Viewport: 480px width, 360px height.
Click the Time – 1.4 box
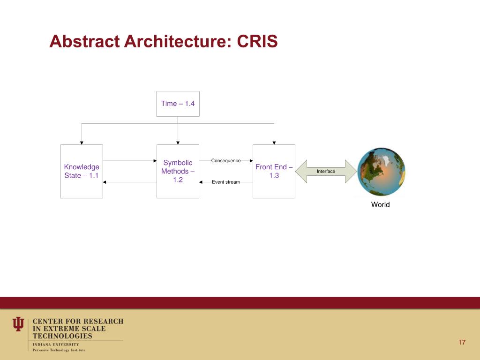(x=178, y=104)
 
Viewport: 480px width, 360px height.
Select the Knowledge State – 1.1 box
(x=82, y=171)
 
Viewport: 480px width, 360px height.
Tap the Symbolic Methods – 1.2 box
(x=178, y=171)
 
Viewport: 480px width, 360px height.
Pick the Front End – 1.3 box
(x=274, y=171)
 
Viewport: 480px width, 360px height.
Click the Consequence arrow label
(x=226, y=161)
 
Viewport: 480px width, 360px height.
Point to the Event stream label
(x=226, y=182)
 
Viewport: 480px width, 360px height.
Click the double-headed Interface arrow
(x=326, y=172)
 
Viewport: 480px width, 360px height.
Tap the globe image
(x=381, y=172)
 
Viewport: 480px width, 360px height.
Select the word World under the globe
(x=380, y=204)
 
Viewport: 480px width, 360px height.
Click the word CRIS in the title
(x=257, y=42)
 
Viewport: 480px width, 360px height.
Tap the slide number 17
(x=462, y=342)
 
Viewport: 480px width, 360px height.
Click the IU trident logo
(x=18, y=324)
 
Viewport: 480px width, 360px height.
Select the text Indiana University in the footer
(x=56, y=345)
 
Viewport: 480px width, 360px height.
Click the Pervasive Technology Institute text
(x=59, y=350)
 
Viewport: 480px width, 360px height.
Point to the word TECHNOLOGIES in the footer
(x=62, y=336)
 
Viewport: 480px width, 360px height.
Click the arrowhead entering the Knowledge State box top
(x=82, y=142)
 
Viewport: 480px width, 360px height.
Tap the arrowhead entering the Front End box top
(x=274, y=142)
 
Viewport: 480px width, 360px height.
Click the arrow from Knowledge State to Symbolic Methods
(x=129, y=161)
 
